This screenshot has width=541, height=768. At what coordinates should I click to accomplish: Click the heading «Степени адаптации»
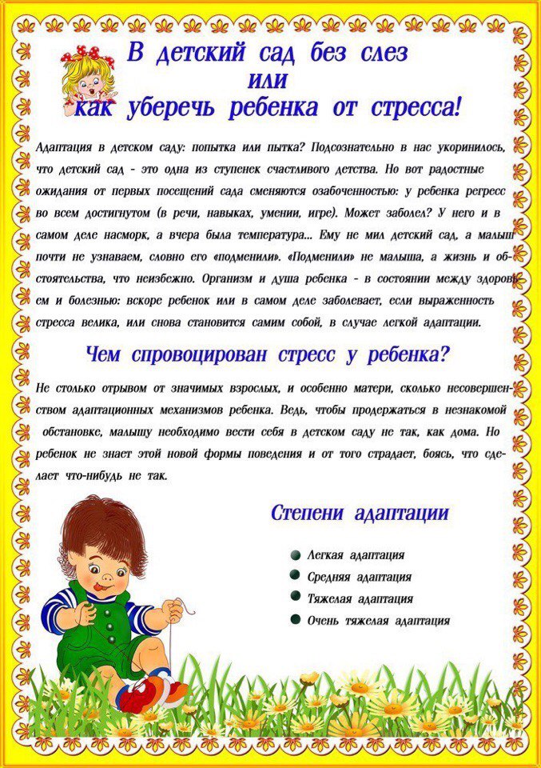(x=360, y=514)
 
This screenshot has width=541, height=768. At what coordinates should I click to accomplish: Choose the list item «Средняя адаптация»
(x=360, y=577)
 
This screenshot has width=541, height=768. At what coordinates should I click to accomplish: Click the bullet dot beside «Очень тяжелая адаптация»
(x=296, y=620)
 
